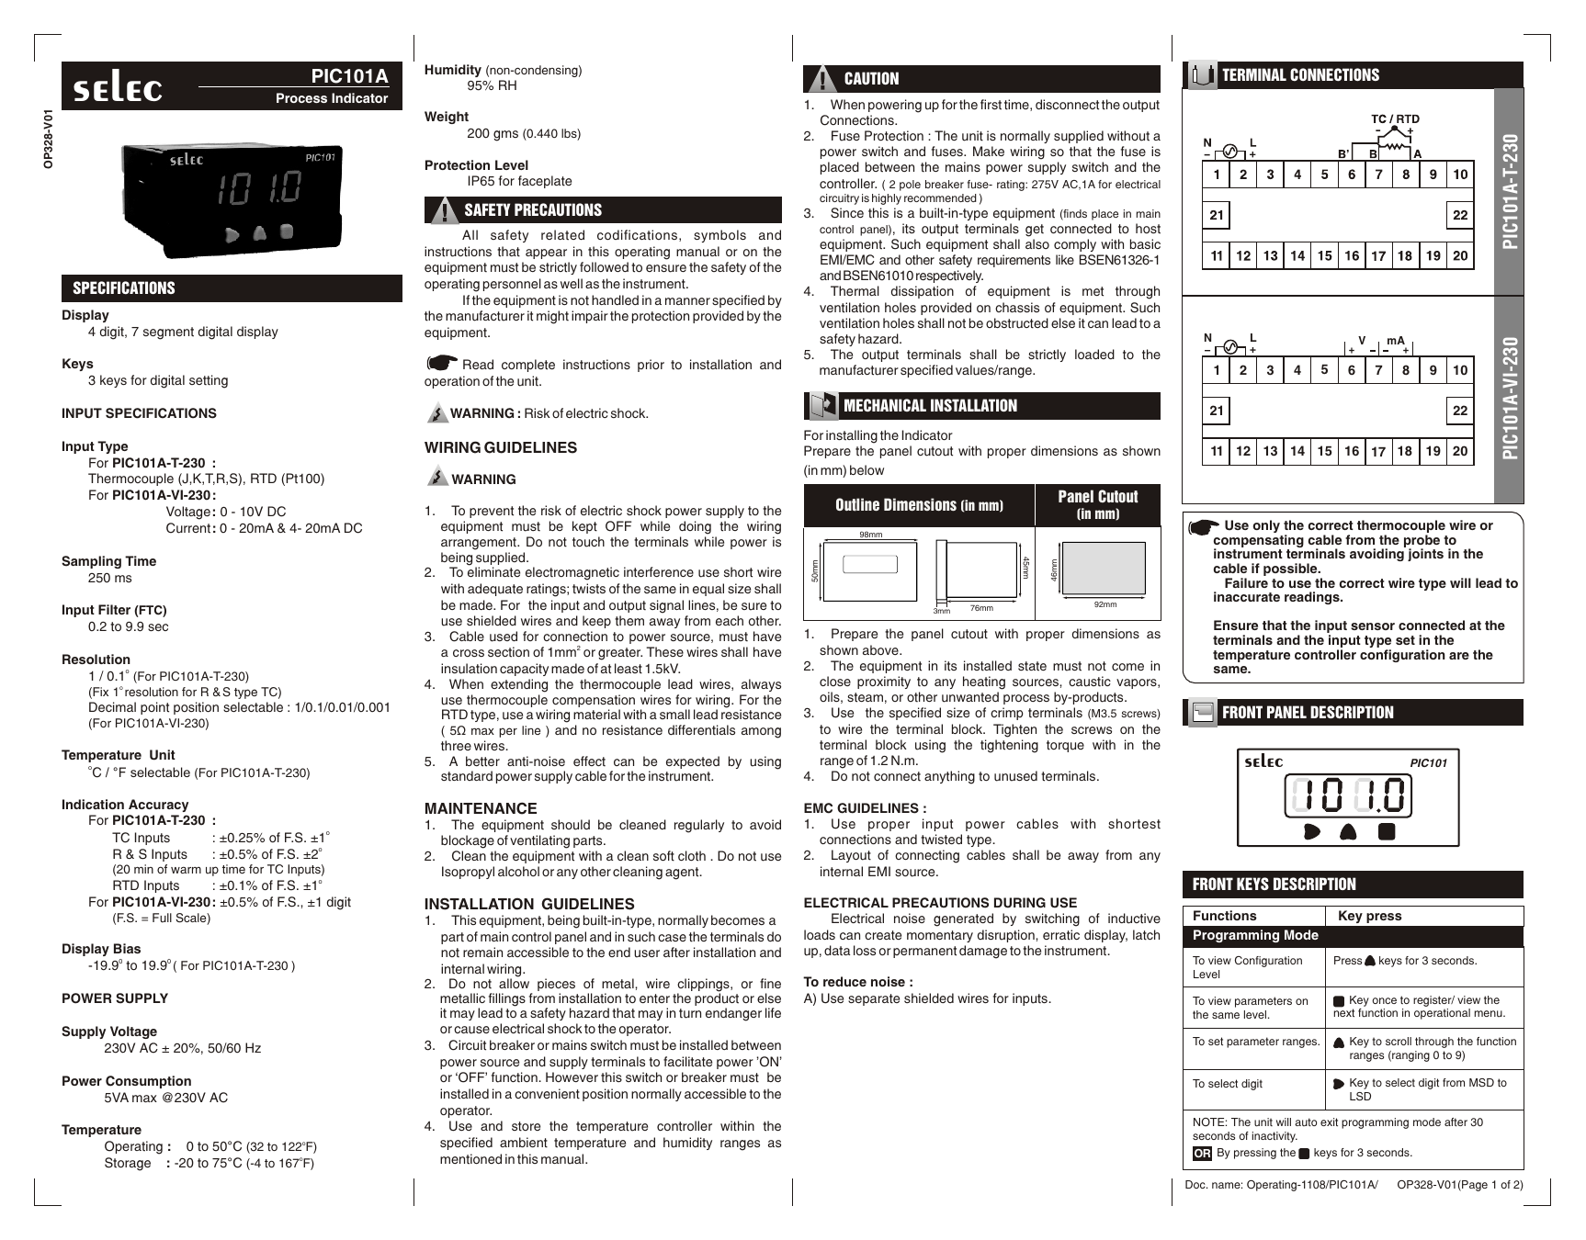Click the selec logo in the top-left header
tap(118, 88)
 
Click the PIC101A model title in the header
tap(349, 76)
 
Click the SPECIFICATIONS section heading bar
tap(124, 288)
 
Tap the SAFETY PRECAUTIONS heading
tap(532, 210)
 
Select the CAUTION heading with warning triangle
tap(871, 79)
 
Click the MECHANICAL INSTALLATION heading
tap(930, 406)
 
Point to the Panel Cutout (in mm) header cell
tap(1097, 504)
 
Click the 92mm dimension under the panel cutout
tap(1105, 604)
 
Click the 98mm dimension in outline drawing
tap(869, 535)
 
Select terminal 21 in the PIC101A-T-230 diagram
tap(1217, 216)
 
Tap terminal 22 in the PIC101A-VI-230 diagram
tap(1459, 411)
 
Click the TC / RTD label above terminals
tap(1395, 119)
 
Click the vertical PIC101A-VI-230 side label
tap(1509, 400)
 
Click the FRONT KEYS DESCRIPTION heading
tap(1274, 885)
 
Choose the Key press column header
tap(1369, 916)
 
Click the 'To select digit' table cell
tap(1228, 1084)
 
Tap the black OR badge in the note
tap(1202, 1154)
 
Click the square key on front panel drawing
tap(1387, 831)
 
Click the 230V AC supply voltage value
tap(182, 1048)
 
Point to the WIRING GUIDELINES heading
tap(501, 448)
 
